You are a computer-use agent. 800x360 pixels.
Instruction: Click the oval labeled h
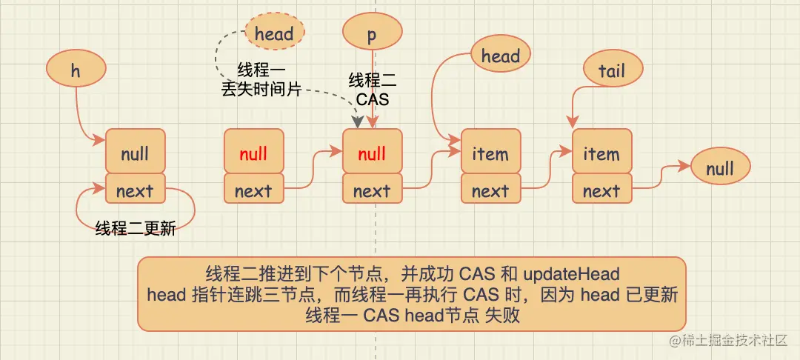(x=76, y=70)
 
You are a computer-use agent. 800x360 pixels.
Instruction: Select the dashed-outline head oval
(x=274, y=34)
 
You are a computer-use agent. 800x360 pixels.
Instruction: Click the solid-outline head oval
(x=501, y=56)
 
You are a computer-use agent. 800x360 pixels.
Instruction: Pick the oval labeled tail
(x=612, y=71)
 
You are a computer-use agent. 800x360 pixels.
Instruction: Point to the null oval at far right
(x=719, y=169)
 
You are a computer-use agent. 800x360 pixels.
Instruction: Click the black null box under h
(x=135, y=153)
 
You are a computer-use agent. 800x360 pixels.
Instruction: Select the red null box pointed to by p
(x=372, y=153)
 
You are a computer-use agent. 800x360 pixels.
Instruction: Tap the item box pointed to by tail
(x=601, y=153)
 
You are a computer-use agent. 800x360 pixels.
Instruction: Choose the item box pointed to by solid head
(x=490, y=153)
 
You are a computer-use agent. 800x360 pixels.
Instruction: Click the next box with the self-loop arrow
(x=135, y=190)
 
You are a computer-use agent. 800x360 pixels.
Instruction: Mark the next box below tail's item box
(x=601, y=190)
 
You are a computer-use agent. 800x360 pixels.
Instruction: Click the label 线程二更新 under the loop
(x=136, y=229)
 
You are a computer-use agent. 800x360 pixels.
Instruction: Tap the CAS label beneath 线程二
(x=372, y=99)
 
